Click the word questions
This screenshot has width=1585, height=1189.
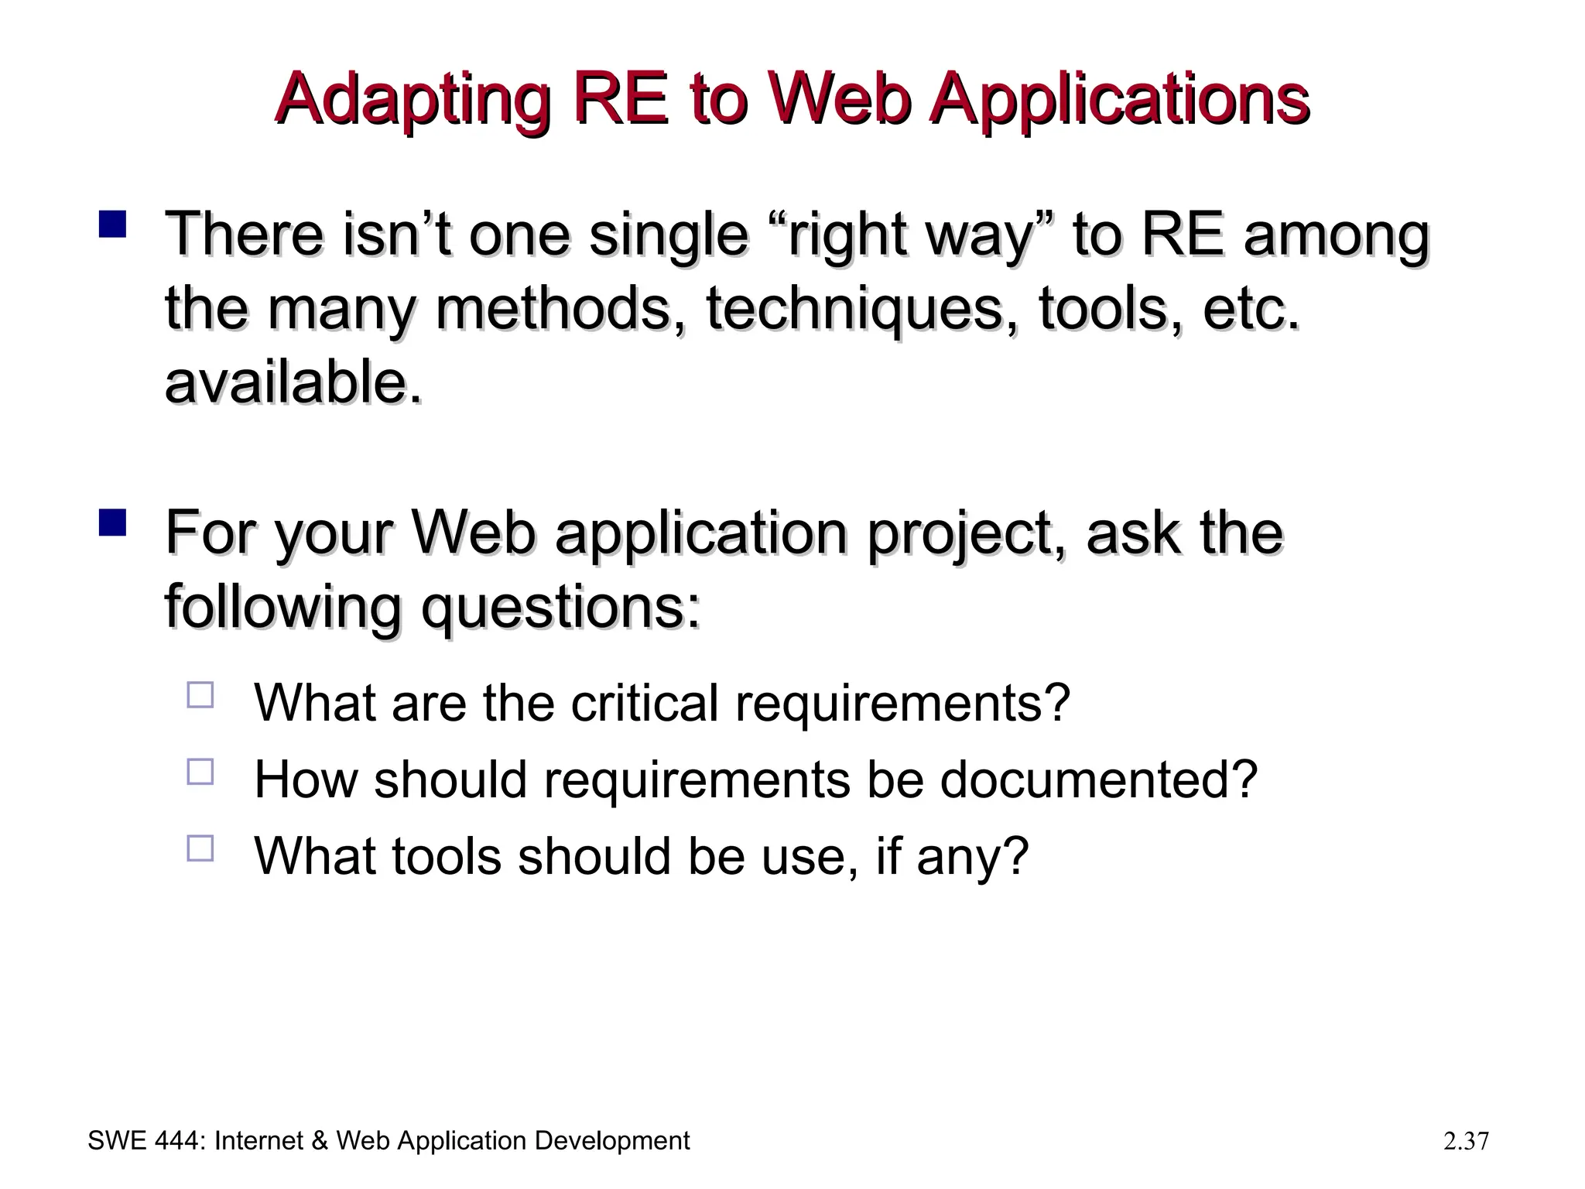pos(560,608)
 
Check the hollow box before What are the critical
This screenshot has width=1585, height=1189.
pos(200,694)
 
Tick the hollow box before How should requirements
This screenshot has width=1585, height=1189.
pos(200,772)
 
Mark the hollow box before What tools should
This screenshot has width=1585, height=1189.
pos(200,848)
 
